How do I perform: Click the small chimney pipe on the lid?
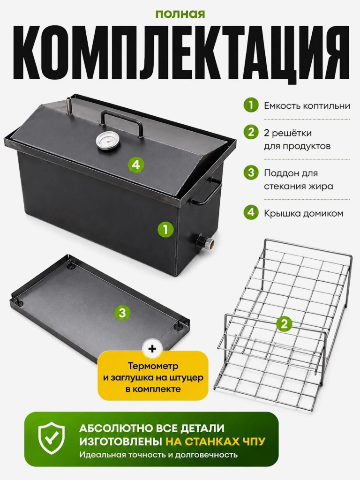(x=69, y=106)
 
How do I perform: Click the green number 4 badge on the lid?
(x=136, y=165)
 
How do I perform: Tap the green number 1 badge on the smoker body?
(x=165, y=229)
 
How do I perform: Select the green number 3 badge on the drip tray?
(x=122, y=313)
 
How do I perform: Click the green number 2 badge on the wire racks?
(x=284, y=324)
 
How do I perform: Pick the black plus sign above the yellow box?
(x=152, y=349)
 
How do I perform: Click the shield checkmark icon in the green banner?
(x=51, y=438)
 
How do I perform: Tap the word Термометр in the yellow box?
(x=153, y=366)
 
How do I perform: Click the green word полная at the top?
(x=180, y=14)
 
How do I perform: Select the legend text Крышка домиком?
(x=303, y=213)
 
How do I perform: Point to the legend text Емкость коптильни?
(x=307, y=105)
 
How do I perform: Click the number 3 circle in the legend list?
(x=251, y=172)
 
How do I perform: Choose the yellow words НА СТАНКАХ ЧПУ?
(x=215, y=441)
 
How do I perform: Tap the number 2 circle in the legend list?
(x=251, y=132)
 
